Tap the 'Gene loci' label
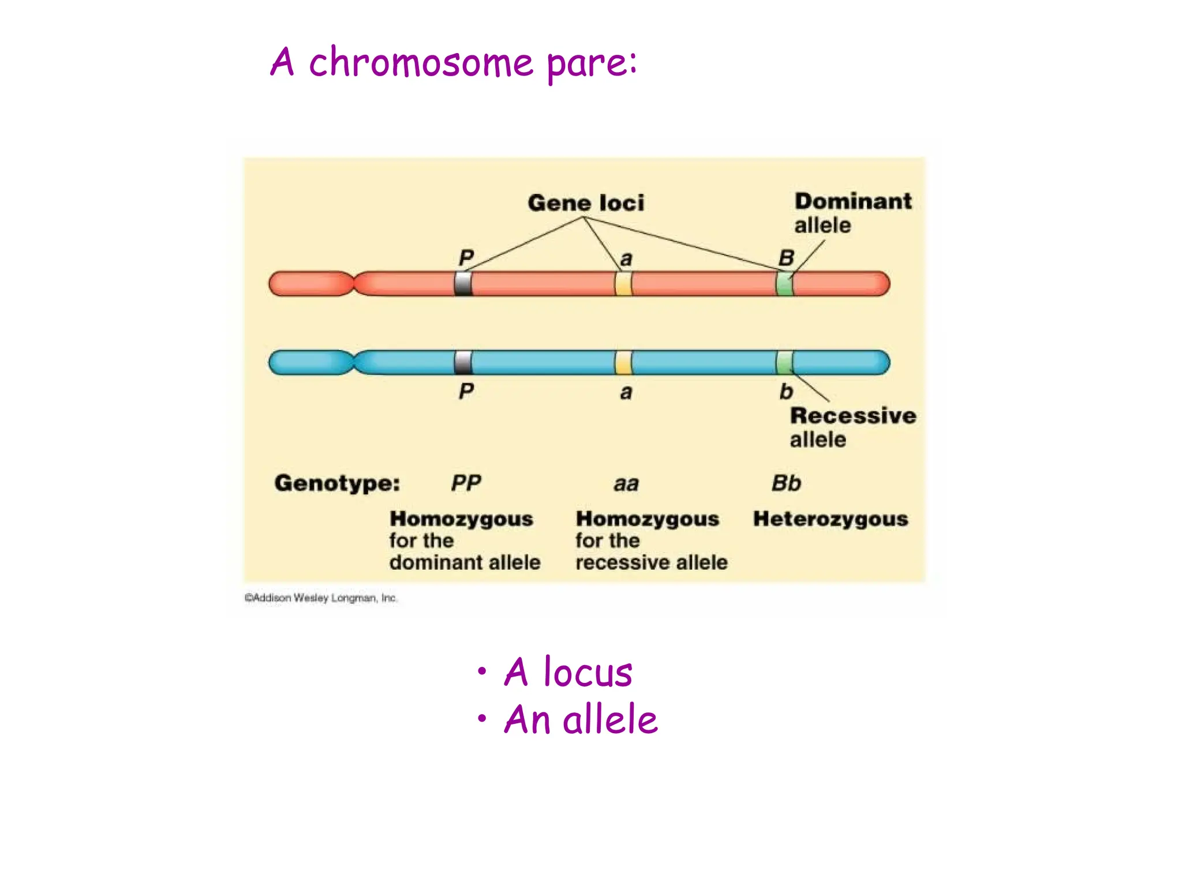pyautogui.click(x=585, y=203)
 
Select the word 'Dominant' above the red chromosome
pyautogui.click(x=852, y=201)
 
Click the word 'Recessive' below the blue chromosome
pyautogui.click(x=852, y=416)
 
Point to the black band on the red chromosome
pyautogui.click(x=463, y=284)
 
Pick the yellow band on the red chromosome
pyautogui.click(x=623, y=284)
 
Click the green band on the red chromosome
pyautogui.click(x=784, y=284)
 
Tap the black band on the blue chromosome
pyautogui.click(x=463, y=362)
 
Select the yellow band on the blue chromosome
pyautogui.click(x=623, y=362)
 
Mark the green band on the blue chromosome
pyautogui.click(x=784, y=362)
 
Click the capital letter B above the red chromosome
pyautogui.click(x=786, y=258)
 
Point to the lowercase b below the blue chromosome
pyautogui.click(x=785, y=392)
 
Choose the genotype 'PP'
pyautogui.click(x=466, y=483)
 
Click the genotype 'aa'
pyautogui.click(x=626, y=484)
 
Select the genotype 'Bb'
pyautogui.click(x=786, y=483)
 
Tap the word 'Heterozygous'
pyautogui.click(x=830, y=519)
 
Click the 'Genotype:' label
pyautogui.click(x=337, y=483)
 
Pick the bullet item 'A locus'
pyautogui.click(x=568, y=673)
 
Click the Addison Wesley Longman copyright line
pyautogui.click(x=321, y=598)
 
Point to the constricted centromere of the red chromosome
pyautogui.click(x=354, y=284)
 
